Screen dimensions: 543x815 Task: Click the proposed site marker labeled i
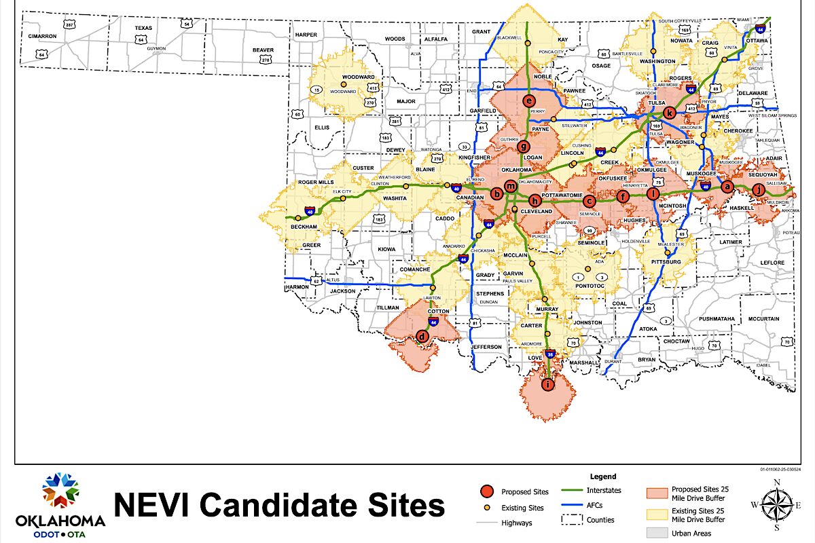[x=548, y=385]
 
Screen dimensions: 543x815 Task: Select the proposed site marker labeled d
[x=422, y=336]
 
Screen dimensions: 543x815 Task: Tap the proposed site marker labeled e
[x=530, y=101]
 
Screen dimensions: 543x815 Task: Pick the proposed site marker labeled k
[x=670, y=113]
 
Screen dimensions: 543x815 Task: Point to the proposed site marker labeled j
[x=759, y=190]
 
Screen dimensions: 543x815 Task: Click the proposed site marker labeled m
[x=511, y=188]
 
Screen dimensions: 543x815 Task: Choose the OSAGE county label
[x=601, y=66]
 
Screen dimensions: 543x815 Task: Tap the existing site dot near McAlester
[x=667, y=253]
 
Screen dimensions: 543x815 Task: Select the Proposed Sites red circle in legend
[x=486, y=491]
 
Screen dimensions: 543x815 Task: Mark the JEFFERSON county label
[x=488, y=347]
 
